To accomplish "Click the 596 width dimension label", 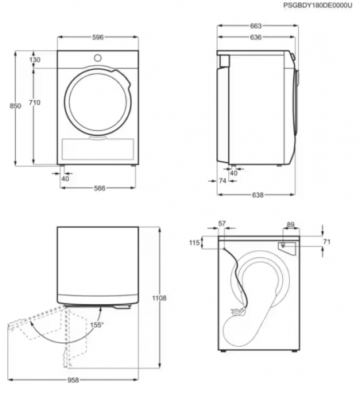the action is (x=98, y=37).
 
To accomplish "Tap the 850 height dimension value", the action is (x=15, y=106).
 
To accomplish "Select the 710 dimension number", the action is (x=35, y=102).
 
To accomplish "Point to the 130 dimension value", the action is (x=35, y=60).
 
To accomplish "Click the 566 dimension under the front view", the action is (x=99, y=188).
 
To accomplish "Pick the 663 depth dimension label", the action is (x=256, y=26).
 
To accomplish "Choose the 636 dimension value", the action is (x=256, y=37).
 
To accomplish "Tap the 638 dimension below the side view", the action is (x=257, y=195).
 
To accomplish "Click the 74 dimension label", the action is (x=223, y=180).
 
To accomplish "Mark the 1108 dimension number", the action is (x=159, y=298).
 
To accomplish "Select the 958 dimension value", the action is (x=73, y=380).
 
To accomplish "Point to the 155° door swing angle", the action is (x=97, y=325).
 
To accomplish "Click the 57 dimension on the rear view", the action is (x=222, y=223).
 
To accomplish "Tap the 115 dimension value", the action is (x=194, y=242).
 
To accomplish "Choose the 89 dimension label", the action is (x=291, y=225).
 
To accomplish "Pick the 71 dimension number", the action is (x=327, y=241).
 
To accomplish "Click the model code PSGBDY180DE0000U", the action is (x=318, y=6).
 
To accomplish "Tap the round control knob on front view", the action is (x=98, y=58).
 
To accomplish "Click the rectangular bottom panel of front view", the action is (x=98, y=149).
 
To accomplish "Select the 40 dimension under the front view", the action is (x=65, y=179).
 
